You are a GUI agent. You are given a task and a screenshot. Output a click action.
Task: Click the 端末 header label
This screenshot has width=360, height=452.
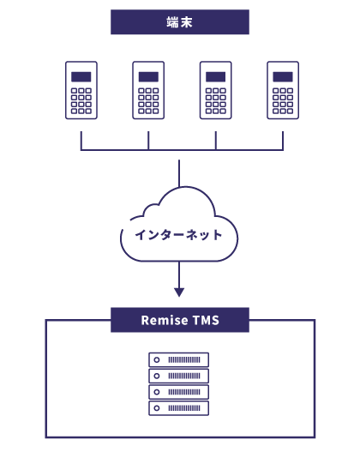(x=179, y=22)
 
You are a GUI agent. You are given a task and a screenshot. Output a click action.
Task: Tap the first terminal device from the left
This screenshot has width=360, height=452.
(x=81, y=90)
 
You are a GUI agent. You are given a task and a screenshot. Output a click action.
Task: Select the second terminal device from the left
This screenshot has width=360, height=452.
(x=148, y=90)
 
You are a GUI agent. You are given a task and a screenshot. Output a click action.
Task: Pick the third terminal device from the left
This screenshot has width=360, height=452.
(x=216, y=90)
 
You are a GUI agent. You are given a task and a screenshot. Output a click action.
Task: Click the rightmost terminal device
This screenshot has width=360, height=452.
(x=283, y=90)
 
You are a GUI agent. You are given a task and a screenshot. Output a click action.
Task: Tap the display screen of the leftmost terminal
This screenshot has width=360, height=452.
(x=81, y=77)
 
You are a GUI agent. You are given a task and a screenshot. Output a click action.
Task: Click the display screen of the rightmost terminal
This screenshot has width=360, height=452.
(x=283, y=77)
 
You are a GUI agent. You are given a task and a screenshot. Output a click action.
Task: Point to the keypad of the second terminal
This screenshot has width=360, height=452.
(x=148, y=101)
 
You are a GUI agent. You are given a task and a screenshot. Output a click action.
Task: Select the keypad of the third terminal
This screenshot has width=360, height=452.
(x=216, y=101)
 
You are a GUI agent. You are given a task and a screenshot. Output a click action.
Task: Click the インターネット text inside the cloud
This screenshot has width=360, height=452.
(x=179, y=235)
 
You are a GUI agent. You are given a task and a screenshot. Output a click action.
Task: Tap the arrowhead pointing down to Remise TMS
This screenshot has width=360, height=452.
(x=179, y=292)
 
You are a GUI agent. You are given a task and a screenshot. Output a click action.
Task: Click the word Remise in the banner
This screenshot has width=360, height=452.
(x=165, y=320)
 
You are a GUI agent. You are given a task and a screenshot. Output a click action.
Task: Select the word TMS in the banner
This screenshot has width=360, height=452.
(x=206, y=320)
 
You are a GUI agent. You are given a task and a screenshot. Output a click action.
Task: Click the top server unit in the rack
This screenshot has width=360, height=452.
(x=178, y=359)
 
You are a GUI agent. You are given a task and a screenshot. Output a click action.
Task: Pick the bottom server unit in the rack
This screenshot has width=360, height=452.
(x=178, y=408)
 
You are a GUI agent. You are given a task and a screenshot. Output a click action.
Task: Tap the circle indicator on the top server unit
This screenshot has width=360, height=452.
(x=157, y=359)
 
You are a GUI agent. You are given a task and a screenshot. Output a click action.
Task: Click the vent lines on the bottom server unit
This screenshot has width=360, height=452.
(x=184, y=408)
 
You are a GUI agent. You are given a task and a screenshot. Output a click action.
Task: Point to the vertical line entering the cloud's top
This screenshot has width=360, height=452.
(x=179, y=173)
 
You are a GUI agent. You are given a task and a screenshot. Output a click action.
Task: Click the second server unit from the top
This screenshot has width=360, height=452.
(x=178, y=376)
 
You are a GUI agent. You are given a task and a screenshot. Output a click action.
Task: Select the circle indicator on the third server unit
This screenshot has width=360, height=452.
(x=157, y=392)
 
